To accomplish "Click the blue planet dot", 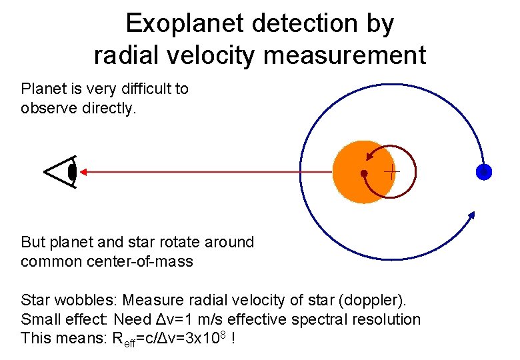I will (x=484, y=172).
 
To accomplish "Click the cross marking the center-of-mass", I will (x=391, y=172).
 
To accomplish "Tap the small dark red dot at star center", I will (x=363, y=173).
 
